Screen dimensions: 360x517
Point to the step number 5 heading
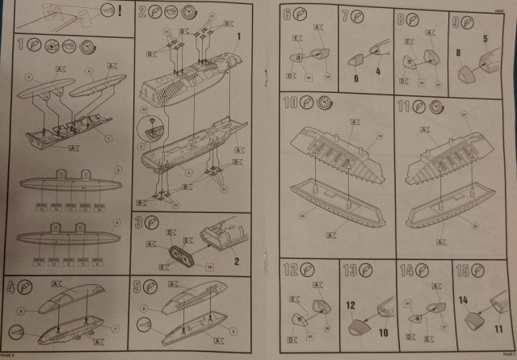(138, 285)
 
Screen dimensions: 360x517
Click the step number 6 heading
(286, 15)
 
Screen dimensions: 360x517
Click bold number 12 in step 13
(351, 308)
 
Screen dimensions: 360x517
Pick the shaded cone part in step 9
(467, 75)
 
